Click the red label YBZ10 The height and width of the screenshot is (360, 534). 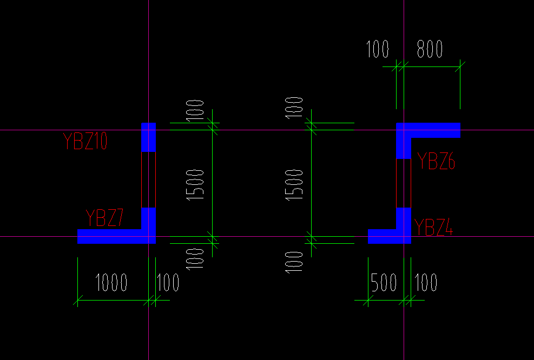(85, 142)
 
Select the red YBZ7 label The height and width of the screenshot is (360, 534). (105, 218)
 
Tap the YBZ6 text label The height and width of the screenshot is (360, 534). (436, 161)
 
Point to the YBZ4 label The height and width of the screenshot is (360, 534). (433, 226)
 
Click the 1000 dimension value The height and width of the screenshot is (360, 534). (111, 282)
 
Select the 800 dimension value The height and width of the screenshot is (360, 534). (430, 49)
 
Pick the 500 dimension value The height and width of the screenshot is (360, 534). (384, 282)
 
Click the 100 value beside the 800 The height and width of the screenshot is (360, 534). (378, 49)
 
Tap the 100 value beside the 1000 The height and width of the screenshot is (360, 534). (168, 282)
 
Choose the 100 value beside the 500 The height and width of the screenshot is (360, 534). (426, 282)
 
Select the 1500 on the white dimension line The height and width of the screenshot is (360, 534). (295, 184)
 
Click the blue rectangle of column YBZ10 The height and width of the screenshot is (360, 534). (148, 137)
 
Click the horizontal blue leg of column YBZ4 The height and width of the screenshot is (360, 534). (383, 236)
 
